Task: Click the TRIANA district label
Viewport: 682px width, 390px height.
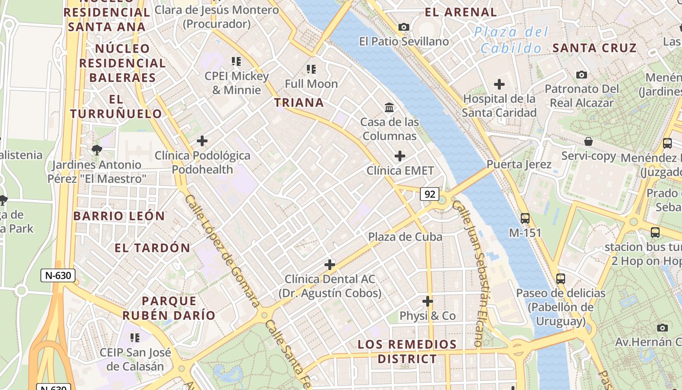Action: tap(299, 102)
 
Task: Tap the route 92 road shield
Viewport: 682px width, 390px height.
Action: tap(430, 195)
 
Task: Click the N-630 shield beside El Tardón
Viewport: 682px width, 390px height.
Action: tap(58, 275)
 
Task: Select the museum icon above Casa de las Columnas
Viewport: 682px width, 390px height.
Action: tap(389, 107)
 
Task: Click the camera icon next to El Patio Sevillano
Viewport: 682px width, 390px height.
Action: tap(404, 27)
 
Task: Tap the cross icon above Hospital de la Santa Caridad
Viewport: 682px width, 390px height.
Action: tap(499, 84)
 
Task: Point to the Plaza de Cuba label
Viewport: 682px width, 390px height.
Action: tap(405, 237)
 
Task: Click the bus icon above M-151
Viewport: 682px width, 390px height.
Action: tap(525, 218)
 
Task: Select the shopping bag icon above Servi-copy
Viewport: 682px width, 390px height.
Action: tap(588, 141)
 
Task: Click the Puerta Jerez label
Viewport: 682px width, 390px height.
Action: tap(519, 164)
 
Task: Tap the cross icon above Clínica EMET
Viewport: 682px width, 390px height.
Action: tap(399, 156)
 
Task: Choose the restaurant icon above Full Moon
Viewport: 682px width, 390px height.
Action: tap(311, 69)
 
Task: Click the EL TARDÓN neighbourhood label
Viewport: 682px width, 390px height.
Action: tap(152, 248)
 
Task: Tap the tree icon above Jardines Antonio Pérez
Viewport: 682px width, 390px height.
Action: tap(97, 150)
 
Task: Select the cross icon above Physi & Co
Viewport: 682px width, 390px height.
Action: tap(427, 301)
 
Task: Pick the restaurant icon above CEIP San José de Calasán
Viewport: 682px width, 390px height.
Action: tap(135, 337)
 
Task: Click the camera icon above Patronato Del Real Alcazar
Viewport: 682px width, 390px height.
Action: tap(581, 75)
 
